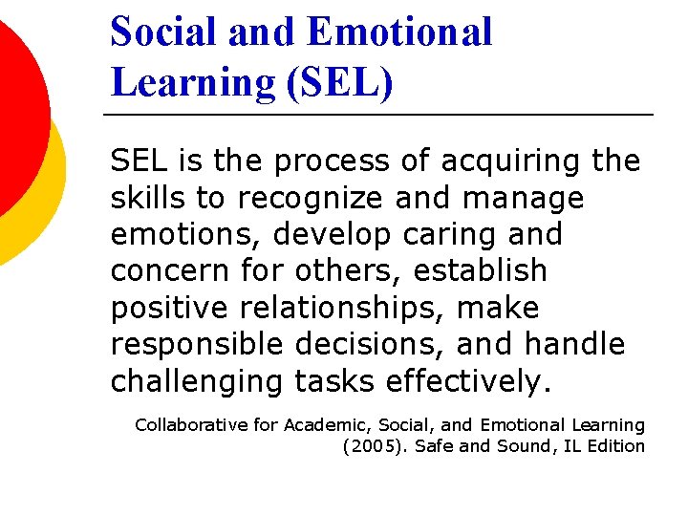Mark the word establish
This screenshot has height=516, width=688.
coord(480,271)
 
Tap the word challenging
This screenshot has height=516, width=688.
coord(197,382)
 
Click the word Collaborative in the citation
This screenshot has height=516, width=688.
coord(192,424)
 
